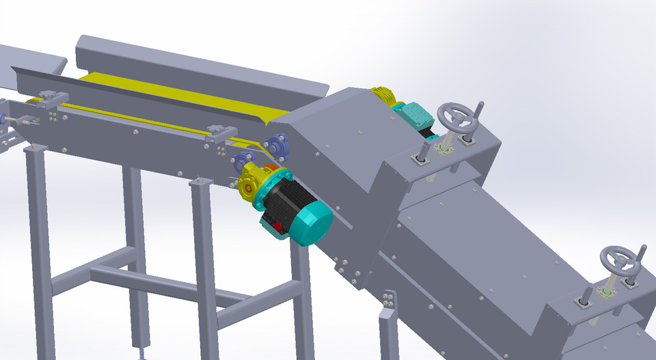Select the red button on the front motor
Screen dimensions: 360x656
[277, 227]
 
